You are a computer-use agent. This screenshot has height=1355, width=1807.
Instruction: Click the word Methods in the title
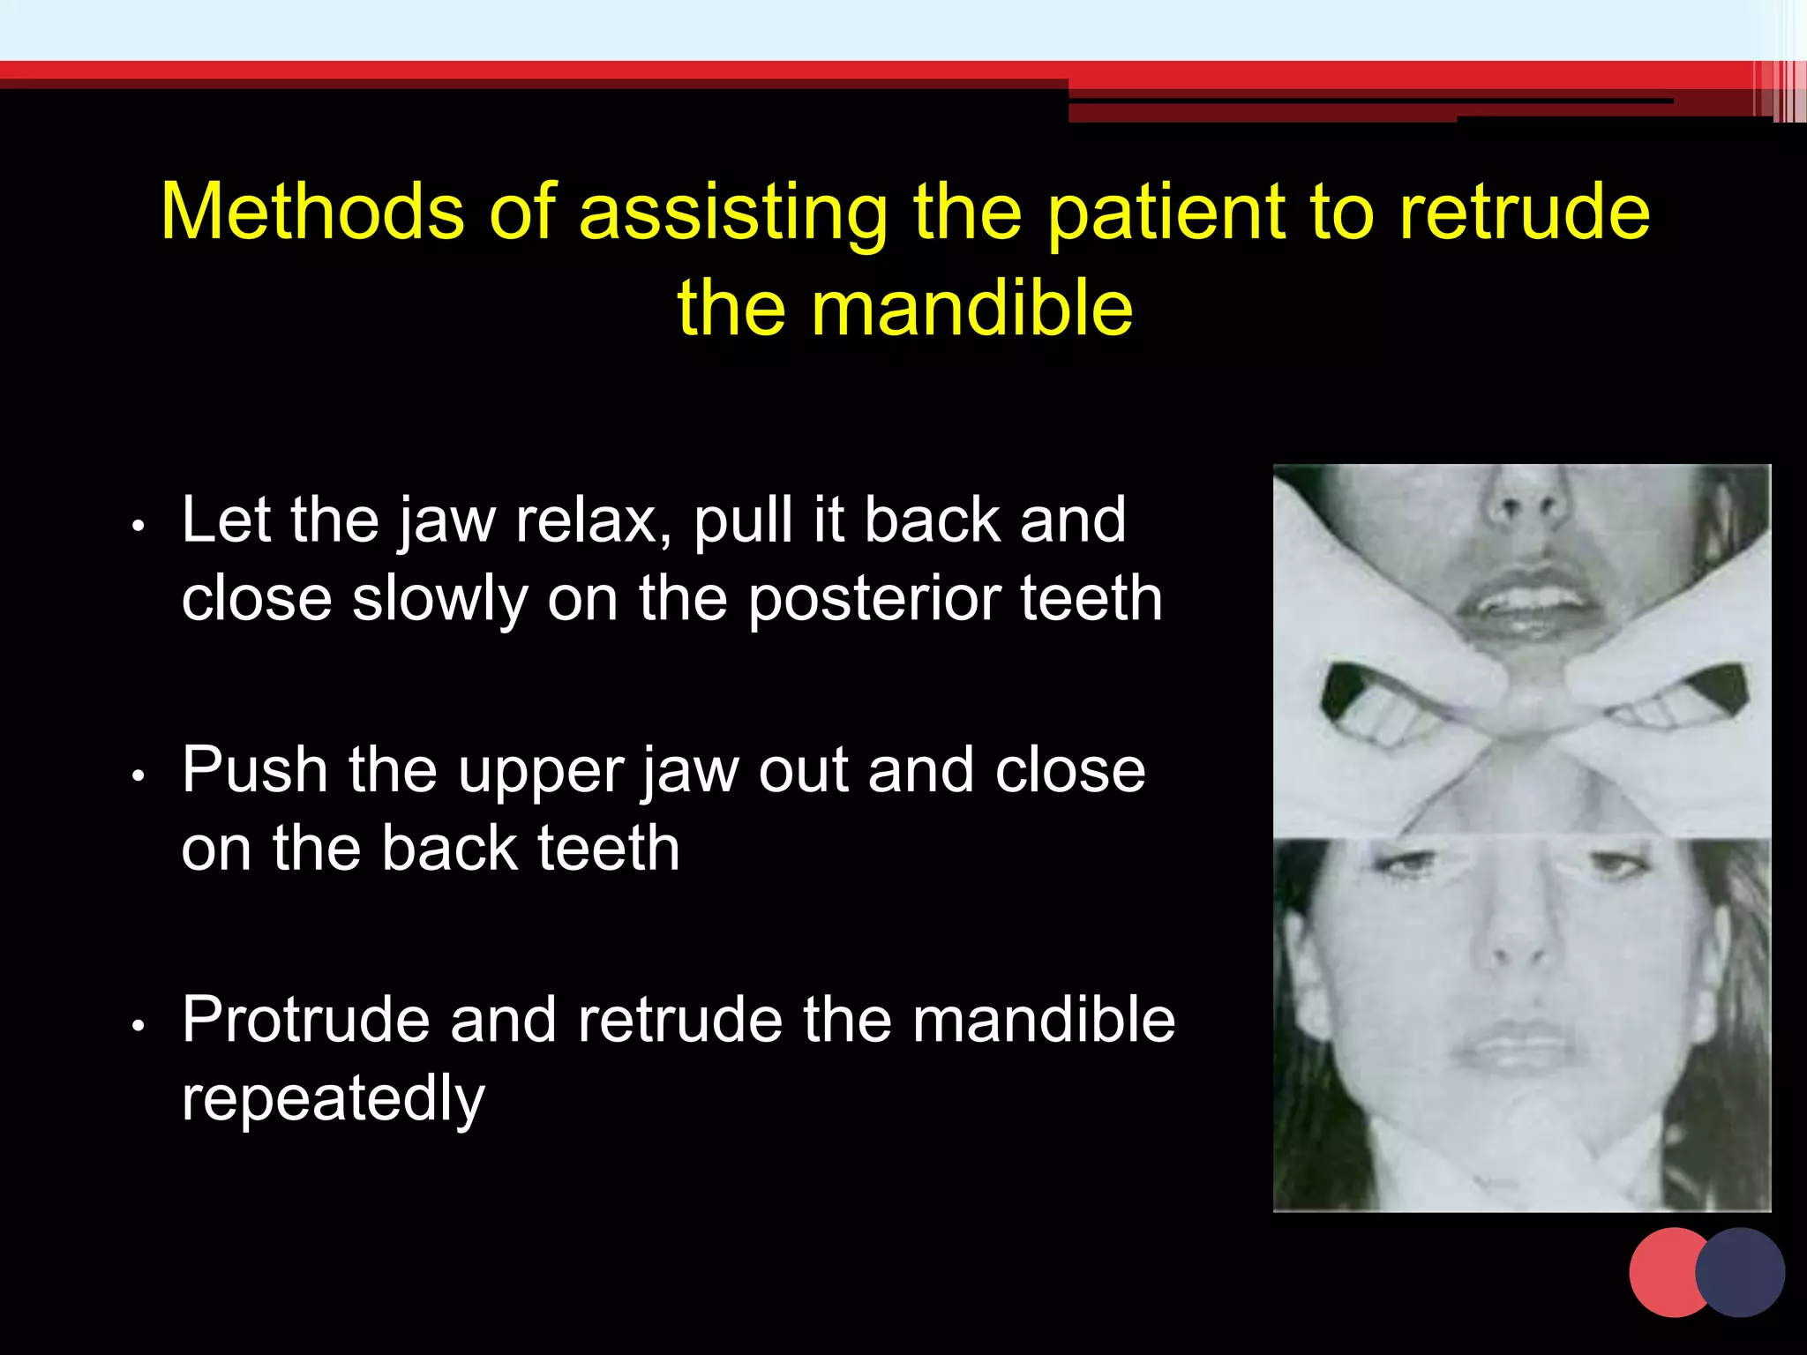click(x=312, y=212)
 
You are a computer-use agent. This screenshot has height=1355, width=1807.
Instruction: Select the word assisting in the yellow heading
click(x=732, y=213)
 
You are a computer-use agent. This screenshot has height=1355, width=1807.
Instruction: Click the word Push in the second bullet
click(x=255, y=769)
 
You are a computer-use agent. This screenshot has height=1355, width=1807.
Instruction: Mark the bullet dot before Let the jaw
click(x=137, y=527)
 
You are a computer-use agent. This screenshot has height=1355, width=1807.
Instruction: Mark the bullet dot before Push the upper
click(x=137, y=776)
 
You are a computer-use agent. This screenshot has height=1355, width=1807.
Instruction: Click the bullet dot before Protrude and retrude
click(x=137, y=1026)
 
